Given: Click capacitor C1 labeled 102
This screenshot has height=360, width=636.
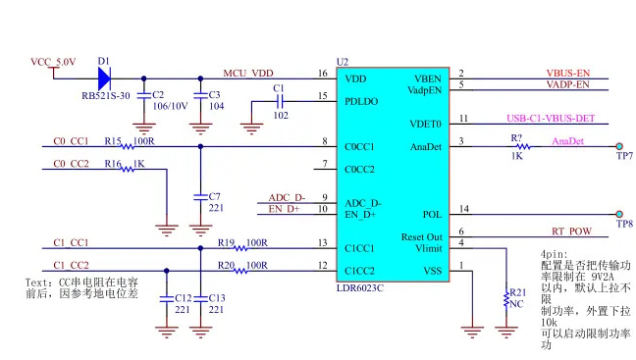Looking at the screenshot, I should tap(280, 99).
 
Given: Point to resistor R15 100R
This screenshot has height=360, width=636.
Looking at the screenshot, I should tap(128, 147).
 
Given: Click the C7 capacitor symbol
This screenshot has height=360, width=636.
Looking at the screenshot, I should tap(200, 196).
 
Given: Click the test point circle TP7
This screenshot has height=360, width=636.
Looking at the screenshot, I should tap(620, 147).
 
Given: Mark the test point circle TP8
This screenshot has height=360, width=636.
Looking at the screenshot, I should tap(620, 215).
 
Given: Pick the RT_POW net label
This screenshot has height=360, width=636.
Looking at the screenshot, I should tap(570, 232).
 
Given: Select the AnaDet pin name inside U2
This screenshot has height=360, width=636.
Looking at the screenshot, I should tap(426, 146).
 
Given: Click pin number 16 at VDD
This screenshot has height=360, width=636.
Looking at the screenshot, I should tap(322, 74).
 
